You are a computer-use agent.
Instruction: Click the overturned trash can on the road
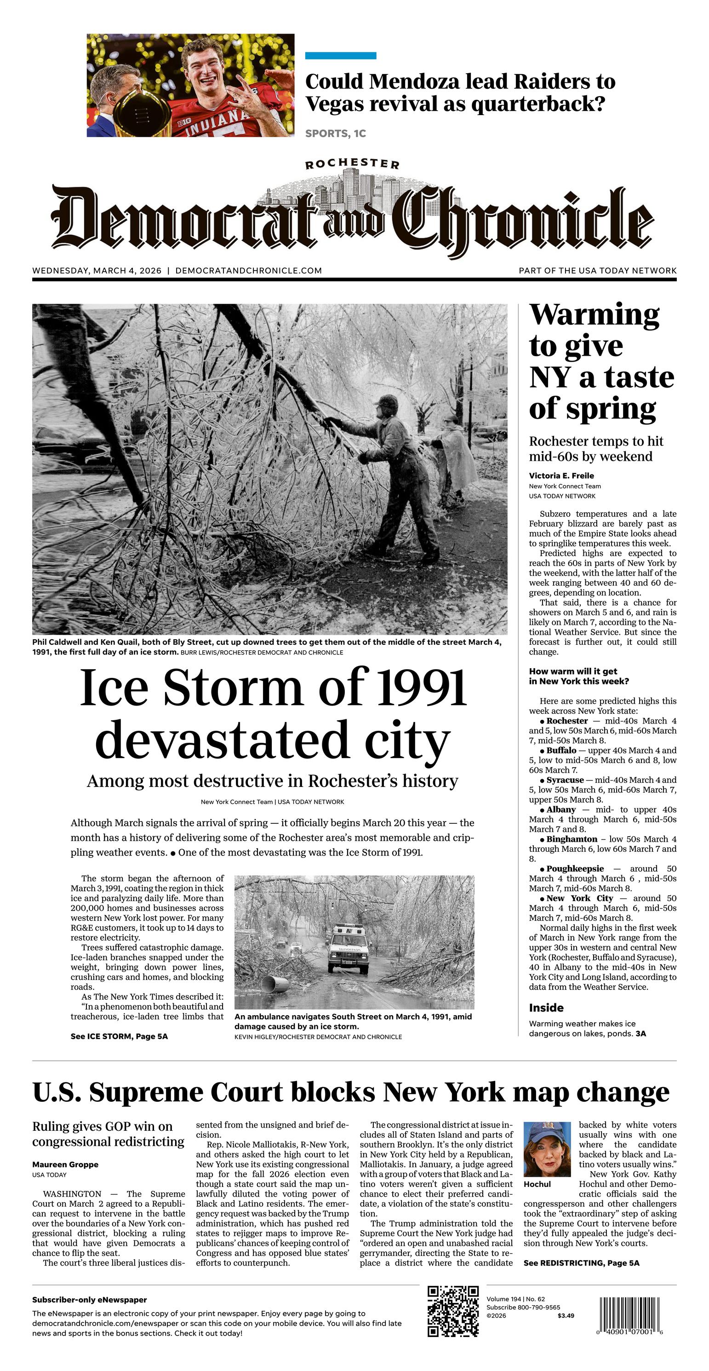point(275,984)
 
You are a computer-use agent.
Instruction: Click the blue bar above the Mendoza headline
point(340,56)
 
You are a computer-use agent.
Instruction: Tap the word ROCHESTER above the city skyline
point(352,164)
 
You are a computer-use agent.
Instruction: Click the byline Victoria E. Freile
point(561,476)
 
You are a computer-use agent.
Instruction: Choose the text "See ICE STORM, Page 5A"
point(119,1036)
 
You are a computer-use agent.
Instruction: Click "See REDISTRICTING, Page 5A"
point(581,1263)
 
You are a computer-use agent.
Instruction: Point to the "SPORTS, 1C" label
point(336,133)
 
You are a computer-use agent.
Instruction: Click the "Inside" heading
point(546,1007)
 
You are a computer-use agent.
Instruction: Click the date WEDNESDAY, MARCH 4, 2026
point(97,270)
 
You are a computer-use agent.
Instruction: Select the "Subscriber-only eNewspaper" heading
point(89,1300)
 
